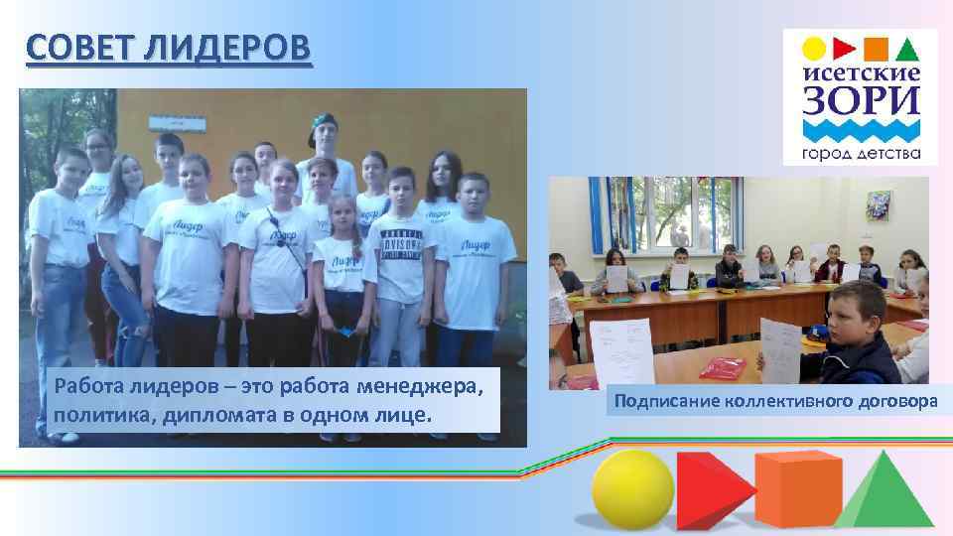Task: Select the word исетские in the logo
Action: [x=861, y=72]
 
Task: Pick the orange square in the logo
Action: [x=876, y=48]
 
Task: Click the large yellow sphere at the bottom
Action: [x=631, y=487]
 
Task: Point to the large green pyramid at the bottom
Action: [x=887, y=491]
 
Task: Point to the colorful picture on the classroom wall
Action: [x=880, y=204]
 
